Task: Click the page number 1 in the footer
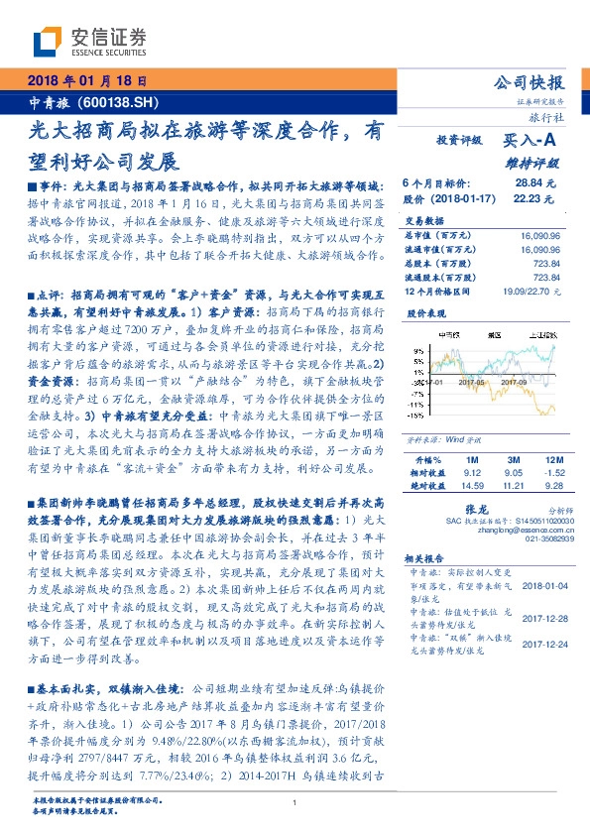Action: (x=295, y=803)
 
